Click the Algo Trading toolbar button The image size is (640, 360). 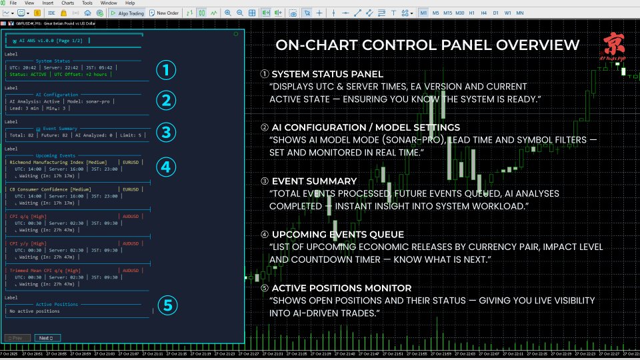click(x=127, y=13)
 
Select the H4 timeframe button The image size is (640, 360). click(x=483, y=13)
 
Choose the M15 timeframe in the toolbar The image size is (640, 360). click(x=447, y=13)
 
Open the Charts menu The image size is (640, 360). click(x=67, y=3)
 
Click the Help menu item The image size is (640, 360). click(x=130, y=3)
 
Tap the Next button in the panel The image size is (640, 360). click(x=45, y=338)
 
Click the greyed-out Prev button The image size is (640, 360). click(x=17, y=338)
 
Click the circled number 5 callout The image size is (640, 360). click(x=168, y=305)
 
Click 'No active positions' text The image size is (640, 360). click(x=34, y=311)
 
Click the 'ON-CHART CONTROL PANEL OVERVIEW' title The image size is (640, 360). click(x=427, y=45)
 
